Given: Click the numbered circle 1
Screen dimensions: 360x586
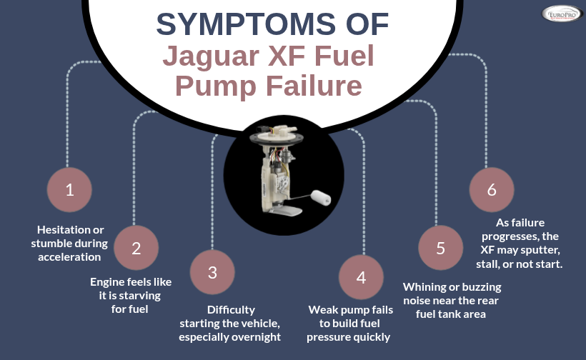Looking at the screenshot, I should [x=69, y=190].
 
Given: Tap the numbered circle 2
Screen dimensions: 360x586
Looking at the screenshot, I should [x=136, y=249].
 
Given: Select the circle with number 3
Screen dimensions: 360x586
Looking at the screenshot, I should [x=212, y=272].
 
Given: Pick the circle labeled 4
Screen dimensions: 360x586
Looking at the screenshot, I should [x=361, y=278].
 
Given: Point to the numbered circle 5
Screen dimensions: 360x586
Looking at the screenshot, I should [x=440, y=249].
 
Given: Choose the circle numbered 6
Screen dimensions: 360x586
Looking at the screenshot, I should [x=491, y=190].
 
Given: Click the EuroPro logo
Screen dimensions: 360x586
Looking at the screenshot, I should [x=561, y=14].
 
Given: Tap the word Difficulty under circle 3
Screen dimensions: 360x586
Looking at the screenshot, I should [x=231, y=310].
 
